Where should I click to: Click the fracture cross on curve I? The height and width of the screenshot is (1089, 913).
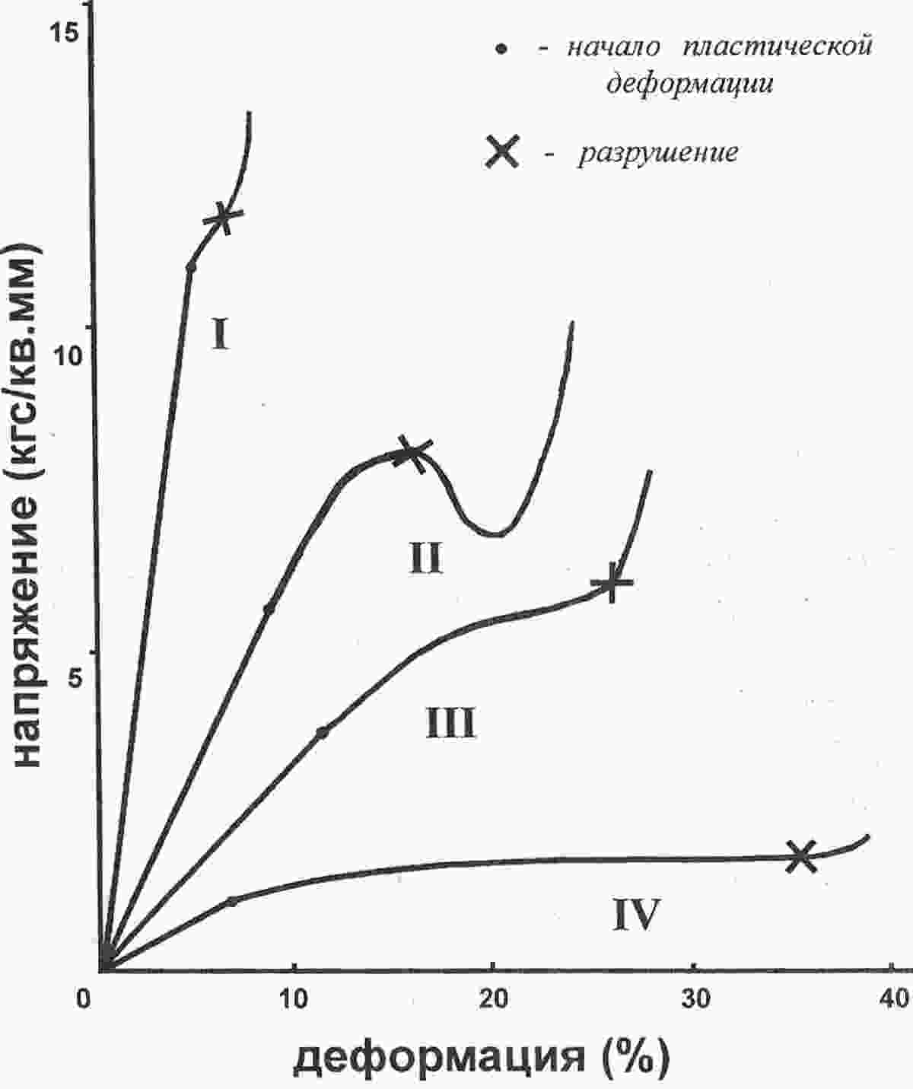(x=223, y=217)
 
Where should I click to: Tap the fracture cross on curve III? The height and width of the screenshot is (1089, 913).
(x=612, y=583)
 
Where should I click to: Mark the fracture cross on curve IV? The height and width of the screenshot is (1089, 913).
(x=800, y=856)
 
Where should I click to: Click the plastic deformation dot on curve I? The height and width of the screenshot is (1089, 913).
(x=191, y=267)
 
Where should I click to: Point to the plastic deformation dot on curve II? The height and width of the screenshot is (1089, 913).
(x=269, y=608)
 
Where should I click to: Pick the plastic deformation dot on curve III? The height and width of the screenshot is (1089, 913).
(x=323, y=732)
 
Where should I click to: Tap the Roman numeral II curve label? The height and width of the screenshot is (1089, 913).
(x=425, y=557)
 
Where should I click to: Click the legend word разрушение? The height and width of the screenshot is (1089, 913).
(x=658, y=153)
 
